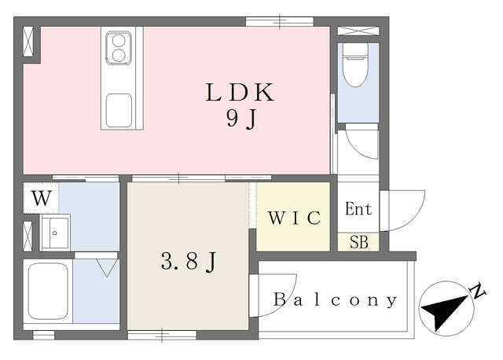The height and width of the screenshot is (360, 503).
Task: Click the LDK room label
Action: pyautogui.click(x=240, y=92)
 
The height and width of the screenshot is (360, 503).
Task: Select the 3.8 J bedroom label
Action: pyautogui.click(x=189, y=261)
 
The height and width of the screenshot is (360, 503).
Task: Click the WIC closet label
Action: pyautogui.click(x=295, y=218)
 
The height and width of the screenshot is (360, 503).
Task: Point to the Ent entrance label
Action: pyautogui.click(x=358, y=209)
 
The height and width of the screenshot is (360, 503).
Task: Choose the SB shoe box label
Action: pyautogui.click(x=359, y=242)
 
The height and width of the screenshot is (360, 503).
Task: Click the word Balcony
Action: pyautogui.click(x=336, y=300)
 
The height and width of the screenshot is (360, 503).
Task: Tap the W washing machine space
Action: pyautogui.click(x=42, y=198)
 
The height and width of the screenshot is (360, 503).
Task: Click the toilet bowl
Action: pyautogui.click(x=355, y=66)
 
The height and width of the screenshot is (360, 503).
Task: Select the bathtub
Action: pyautogui.click(x=48, y=291)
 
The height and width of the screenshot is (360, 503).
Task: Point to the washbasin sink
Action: pyautogui.click(x=55, y=233)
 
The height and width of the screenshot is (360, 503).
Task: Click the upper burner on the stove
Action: pyautogui.click(x=119, y=41)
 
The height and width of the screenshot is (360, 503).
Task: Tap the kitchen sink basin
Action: pyautogui.click(x=119, y=110)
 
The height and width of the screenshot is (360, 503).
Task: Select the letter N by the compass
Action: pyautogui.click(x=478, y=291)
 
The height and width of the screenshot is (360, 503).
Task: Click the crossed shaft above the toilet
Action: pyautogui.click(x=358, y=31)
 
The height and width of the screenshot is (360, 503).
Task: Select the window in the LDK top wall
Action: pyautogui.click(x=280, y=21)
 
